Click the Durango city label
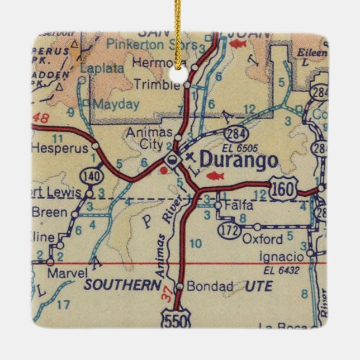click(239, 161)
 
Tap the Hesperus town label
click(60, 149)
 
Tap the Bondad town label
click(210, 287)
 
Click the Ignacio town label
click(282, 257)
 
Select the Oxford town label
click(262, 239)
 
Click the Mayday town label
click(116, 104)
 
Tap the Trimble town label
click(157, 85)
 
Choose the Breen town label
click(50, 212)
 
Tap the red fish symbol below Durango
click(215, 177)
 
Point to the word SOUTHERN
click(122, 285)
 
